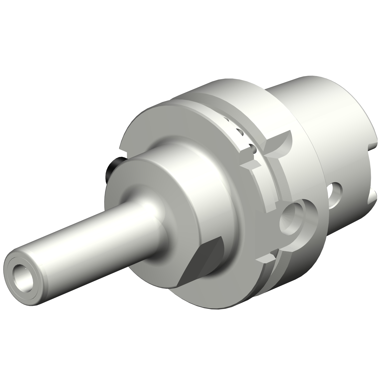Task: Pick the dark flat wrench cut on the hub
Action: tap(202, 259)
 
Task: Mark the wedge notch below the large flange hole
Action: tap(266, 259)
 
